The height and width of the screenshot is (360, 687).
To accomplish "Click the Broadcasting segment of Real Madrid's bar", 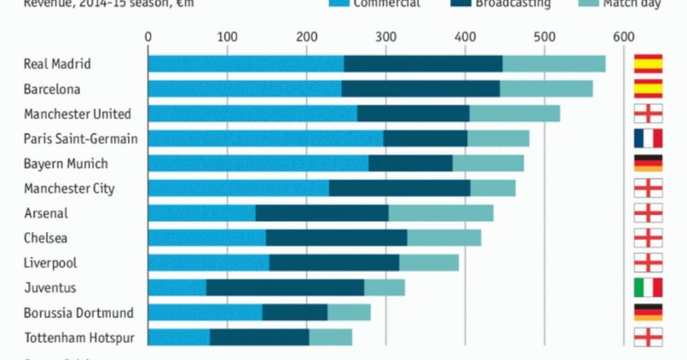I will coord(423,64).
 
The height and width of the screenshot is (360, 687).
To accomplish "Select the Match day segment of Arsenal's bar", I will coord(441,213).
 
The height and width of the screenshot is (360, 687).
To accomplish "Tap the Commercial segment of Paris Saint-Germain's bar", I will coord(266,139).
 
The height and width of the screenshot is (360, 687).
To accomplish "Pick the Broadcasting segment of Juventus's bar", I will coord(285,288).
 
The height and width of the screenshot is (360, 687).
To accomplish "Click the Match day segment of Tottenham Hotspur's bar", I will coord(330,337).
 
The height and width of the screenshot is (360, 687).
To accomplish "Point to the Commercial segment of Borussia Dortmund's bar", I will coord(205,312).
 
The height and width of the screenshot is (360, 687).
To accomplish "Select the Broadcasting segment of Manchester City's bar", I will coord(400,188).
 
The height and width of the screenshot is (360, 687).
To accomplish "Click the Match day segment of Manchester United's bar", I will coord(515,114).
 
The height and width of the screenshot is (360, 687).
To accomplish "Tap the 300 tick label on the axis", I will coord(386,37).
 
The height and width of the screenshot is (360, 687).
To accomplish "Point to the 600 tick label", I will coord(624,37).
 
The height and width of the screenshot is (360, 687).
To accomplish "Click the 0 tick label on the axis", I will coord(148,37).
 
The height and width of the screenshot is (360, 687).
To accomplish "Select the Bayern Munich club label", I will coord(66,164).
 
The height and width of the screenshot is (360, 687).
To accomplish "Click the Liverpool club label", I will coord(51,263).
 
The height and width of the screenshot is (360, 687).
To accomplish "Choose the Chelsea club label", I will coord(46,238).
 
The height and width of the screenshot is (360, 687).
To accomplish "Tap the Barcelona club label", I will coord(52,89).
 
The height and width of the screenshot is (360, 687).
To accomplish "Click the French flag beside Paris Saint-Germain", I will coord(648,139).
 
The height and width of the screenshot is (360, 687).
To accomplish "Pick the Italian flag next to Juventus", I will coord(648,288).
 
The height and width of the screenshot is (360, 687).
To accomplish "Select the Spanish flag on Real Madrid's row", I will coord(648,64).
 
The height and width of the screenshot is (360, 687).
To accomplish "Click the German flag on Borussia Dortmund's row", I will coord(648,312).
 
